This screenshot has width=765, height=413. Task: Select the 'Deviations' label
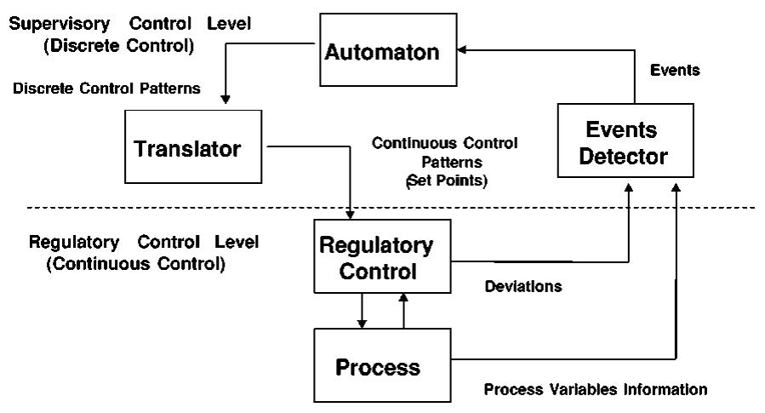point(522,287)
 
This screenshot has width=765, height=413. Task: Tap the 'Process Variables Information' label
point(595,390)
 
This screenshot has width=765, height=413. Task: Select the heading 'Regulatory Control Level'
point(144,243)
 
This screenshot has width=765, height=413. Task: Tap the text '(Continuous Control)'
point(135,265)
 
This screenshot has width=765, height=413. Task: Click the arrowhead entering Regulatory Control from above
point(351,212)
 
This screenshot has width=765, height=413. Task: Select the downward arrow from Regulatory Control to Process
point(363,311)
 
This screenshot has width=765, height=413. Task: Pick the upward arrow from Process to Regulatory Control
point(403,311)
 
